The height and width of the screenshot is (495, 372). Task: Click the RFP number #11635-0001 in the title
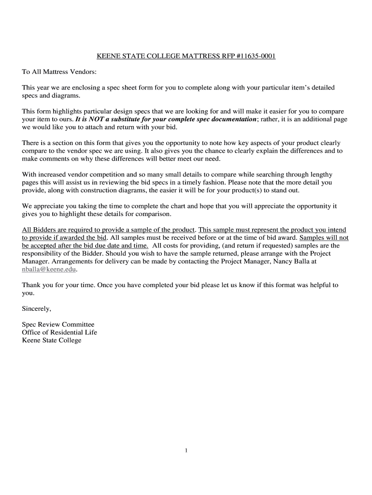click(256, 57)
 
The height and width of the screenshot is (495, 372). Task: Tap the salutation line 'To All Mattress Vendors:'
click(59, 72)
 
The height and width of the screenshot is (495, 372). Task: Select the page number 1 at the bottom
click(186, 451)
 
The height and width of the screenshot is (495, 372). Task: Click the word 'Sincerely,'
click(36, 308)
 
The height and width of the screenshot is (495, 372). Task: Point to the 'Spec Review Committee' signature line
click(58, 324)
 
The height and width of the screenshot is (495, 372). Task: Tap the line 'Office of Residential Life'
click(59, 332)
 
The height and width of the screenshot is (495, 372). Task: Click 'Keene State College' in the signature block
click(52, 340)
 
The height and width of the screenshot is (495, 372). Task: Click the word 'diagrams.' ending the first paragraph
click(66, 95)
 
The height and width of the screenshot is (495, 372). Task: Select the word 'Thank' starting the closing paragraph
click(31, 285)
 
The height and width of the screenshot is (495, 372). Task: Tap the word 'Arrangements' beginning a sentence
click(71, 261)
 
